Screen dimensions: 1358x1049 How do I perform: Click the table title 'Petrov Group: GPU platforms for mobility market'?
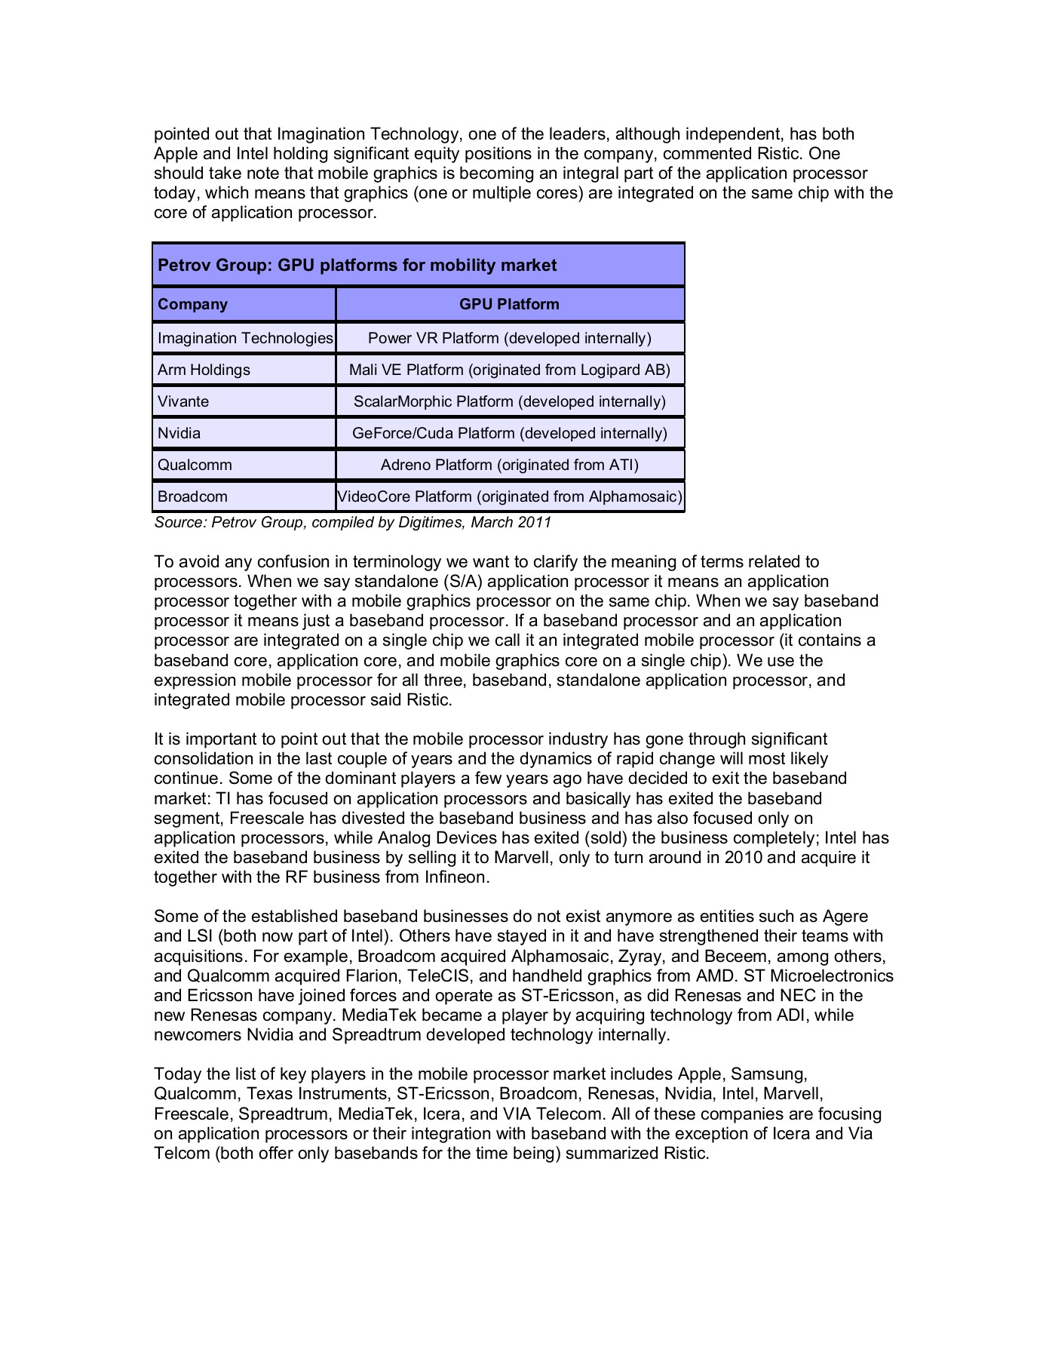357,266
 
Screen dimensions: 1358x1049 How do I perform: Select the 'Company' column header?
192,304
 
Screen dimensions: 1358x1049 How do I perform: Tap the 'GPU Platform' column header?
509,304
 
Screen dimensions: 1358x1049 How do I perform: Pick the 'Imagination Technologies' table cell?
245,338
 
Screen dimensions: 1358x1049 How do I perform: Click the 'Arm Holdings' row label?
204,370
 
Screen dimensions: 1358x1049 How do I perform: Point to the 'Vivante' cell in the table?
183,401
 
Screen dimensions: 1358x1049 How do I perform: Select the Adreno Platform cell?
509,465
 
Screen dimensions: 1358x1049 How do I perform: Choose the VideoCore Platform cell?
509,496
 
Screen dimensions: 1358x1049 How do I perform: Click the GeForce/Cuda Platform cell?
509,433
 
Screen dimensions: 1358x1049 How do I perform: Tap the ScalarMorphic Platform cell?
509,401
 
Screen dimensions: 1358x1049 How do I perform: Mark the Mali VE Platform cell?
509,370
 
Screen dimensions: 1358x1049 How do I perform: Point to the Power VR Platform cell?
509,338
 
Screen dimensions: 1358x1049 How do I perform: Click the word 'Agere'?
845,917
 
